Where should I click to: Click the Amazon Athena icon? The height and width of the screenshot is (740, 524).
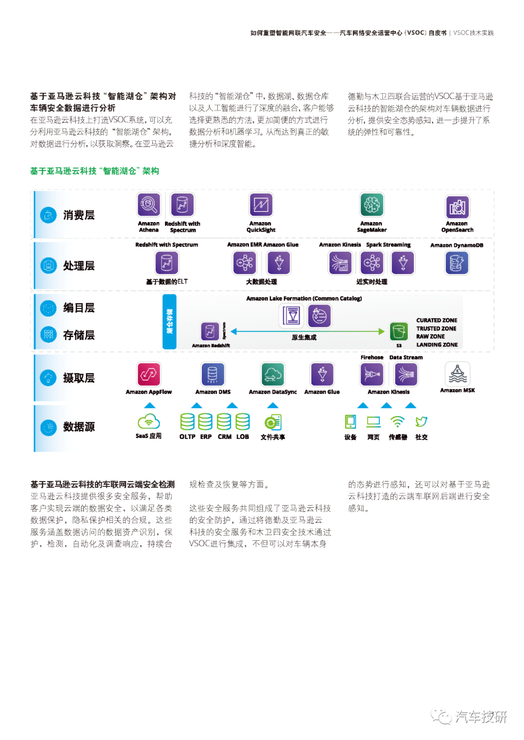148,205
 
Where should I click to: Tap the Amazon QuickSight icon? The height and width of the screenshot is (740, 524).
261,205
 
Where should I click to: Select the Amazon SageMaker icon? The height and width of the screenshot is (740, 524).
372,205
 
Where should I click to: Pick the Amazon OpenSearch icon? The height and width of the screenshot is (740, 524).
457,207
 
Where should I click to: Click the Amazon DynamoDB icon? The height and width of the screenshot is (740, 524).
457,263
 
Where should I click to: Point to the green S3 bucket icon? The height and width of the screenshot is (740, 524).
398,331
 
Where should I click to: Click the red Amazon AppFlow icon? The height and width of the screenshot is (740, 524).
149,374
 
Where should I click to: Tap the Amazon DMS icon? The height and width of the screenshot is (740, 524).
213,374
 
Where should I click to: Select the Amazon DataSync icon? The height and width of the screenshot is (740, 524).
272,374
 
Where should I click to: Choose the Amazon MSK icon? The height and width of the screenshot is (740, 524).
457,373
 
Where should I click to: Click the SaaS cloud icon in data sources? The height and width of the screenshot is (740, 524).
149,421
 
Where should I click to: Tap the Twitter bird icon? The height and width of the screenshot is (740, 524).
421,421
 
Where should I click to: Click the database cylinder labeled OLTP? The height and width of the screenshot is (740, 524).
187,422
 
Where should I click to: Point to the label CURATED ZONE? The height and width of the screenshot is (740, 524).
436,320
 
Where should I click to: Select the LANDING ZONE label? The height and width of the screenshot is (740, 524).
437,345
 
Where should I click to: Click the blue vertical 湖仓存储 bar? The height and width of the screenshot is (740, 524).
169,322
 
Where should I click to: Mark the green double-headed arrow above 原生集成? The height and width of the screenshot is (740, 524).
308,331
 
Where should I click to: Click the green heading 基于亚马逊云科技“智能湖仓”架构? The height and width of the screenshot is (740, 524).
95,171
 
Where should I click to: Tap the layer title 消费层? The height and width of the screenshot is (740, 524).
79,215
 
